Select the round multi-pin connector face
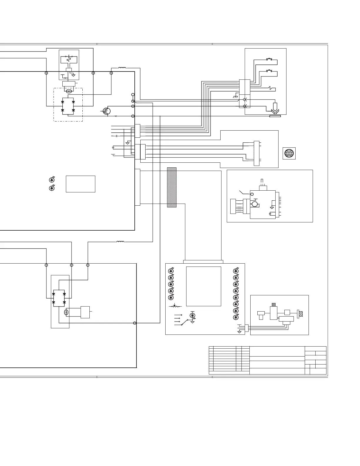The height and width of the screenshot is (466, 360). (x=289, y=154)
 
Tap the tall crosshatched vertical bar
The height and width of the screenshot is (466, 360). (x=172, y=187)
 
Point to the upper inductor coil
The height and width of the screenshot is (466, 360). (x=122, y=68)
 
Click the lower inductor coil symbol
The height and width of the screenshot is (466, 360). (x=120, y=242)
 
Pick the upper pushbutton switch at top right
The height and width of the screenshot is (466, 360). (x=269, y=59)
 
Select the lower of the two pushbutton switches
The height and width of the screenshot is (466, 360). (x=269, y=71)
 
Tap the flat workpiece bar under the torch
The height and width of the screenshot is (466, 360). (x=275, y=116)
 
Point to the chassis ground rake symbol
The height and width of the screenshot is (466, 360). (x=235, y=96)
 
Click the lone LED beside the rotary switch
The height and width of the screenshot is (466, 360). (x=193, y=315)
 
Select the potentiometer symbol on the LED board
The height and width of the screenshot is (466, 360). (x=175, y=306)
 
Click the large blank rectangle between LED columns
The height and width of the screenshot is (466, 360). (x=204, y=286)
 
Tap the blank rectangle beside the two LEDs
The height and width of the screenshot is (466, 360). (x=80, y=184)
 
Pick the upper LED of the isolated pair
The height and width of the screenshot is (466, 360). (x=52, y=179)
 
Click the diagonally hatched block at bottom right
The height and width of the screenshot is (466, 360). (x=300, y=314)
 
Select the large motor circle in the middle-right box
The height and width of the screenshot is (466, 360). (x=255, y=204)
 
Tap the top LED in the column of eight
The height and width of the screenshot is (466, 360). (x=236, y=271)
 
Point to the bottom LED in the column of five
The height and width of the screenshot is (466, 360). (x=171, y=297)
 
